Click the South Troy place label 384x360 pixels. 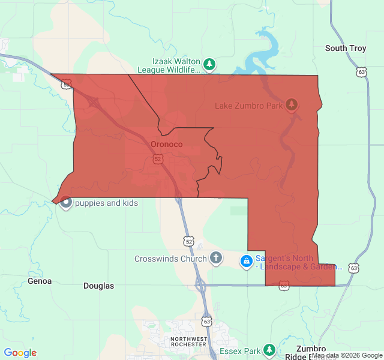tap(345, 48)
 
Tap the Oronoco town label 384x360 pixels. tap(166, 145)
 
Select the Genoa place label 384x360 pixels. tap(40, 281)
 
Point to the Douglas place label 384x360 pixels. tap(98, 286)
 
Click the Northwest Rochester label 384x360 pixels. tap(190, 342)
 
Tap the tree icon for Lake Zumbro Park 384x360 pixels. tap(292, 105)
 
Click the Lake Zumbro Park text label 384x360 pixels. tap(248, 106)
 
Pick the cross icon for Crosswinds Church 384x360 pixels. tap(216, 259)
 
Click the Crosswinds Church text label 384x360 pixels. tap(170, 259)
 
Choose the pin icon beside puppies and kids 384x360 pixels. tap(66, 203)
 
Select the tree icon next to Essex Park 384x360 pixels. tap(269, 350)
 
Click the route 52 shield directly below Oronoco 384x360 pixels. tap(158, 159)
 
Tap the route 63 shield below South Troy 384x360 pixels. tap(361, 72)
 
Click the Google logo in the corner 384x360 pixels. tap(20, 353)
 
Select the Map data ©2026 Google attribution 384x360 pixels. tap(346, 356)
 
